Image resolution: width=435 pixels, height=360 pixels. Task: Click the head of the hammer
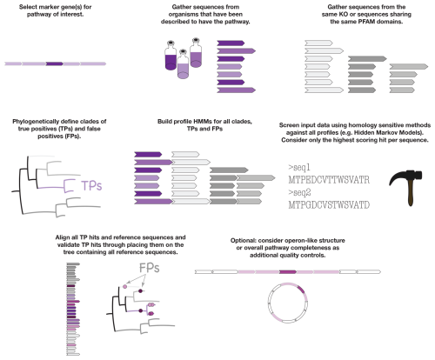tap(406, 177)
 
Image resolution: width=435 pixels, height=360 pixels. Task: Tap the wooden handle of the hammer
tap(411, 193)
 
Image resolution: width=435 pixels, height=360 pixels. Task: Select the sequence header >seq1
tap(299, 167)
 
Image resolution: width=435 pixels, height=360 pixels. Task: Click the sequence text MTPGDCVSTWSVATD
tap(329, 205)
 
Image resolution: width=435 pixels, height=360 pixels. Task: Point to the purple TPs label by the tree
tap(91, 186)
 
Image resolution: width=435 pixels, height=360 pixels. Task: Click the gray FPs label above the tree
tap(150, 268)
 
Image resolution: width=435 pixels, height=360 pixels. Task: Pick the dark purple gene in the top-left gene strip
tap(54, 63)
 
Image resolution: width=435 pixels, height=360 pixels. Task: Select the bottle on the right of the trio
tap(196, 53)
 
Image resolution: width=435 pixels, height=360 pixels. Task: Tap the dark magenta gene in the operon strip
tap(288, 272)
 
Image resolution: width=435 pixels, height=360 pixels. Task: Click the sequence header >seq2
tap(299, 192)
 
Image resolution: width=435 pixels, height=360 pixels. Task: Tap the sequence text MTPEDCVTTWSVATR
tap(329, 180)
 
